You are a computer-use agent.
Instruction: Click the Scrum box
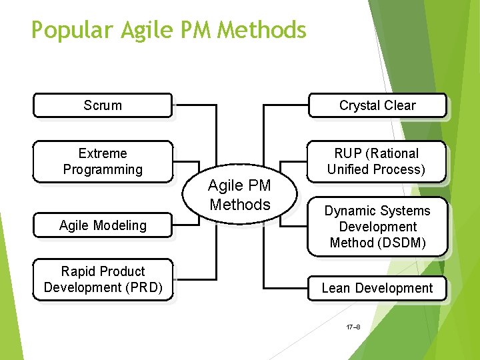[103, 105]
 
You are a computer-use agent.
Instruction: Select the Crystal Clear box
[377, 105]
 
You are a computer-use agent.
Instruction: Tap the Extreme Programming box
[103, 161]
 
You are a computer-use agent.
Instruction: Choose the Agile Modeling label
[103, 225]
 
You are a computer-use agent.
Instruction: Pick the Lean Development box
[377, 288]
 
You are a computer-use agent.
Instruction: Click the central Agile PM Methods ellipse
[239, 195]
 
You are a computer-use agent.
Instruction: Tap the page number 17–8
[353, 327]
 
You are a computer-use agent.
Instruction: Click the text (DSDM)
[401, 243]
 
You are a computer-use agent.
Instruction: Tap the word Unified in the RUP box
[350, 169]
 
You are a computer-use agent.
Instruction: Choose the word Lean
[336, 288]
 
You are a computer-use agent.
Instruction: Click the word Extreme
[103, 153]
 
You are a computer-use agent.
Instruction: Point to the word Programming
[103, 169]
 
